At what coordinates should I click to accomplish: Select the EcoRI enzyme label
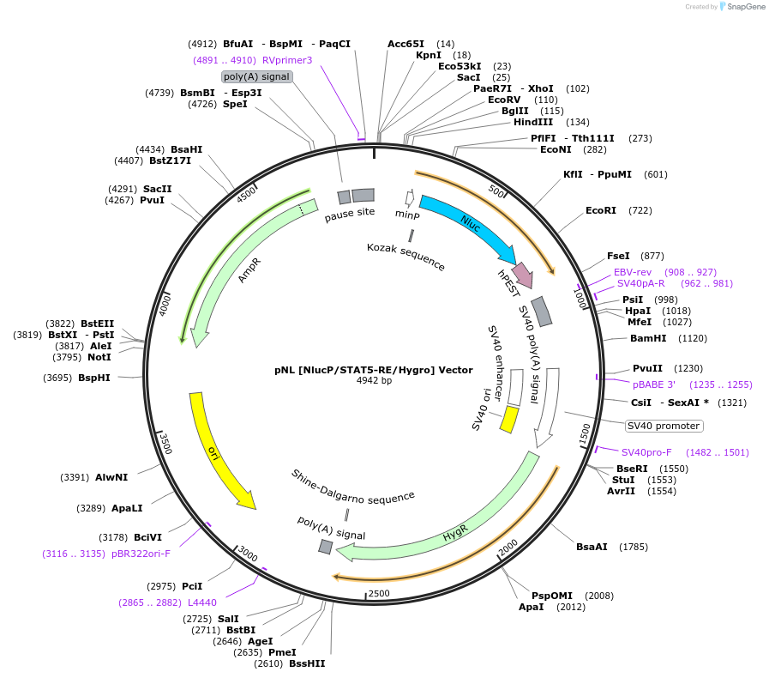[601, 210]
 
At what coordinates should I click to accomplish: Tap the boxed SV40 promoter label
[664, 426]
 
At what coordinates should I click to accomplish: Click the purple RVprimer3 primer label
[287, 60]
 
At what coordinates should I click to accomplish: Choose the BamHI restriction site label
[648, 338]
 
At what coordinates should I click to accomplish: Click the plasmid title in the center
[374, 370]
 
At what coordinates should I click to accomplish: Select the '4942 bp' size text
[374, 380]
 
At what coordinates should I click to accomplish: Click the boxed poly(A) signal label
[257, 76]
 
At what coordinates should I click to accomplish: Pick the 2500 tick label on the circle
[378, 593]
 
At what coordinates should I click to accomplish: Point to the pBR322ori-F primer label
[141, 554]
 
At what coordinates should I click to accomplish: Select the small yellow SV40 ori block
[509, 420]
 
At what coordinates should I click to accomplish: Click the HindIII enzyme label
[533, 122]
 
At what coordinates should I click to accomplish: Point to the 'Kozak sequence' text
[406, 256]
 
